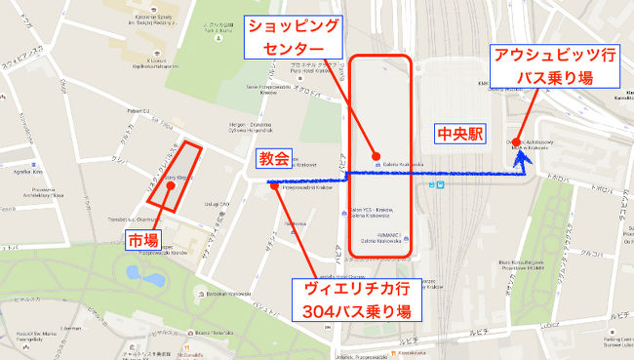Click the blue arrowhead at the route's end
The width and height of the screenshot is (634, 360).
pyautogui.click(x=524, y=155)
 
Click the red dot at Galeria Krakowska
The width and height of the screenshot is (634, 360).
pyautogui.click(x=377, y=155)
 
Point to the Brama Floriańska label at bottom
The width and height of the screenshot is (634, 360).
pyautogui.click(x=211, y=333)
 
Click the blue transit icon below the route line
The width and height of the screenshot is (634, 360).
pyautogui.click(x=441, y=182)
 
